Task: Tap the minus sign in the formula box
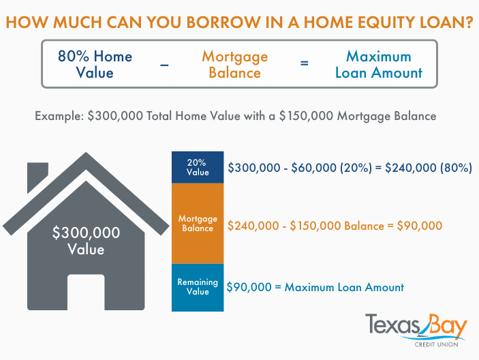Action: [165, 63]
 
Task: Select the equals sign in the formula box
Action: [305, 63]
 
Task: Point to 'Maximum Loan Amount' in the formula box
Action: [378, 63]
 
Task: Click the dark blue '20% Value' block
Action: [198, 168]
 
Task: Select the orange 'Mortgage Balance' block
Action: [198, 224]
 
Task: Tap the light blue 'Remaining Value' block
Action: [198, 287]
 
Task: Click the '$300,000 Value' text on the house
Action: [86, 241]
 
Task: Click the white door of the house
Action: [86, 292]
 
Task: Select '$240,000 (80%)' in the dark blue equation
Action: [429, 168]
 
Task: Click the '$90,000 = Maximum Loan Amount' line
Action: [315, 287]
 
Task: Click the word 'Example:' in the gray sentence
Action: [59, 116]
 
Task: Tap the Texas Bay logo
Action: [416, 326]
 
